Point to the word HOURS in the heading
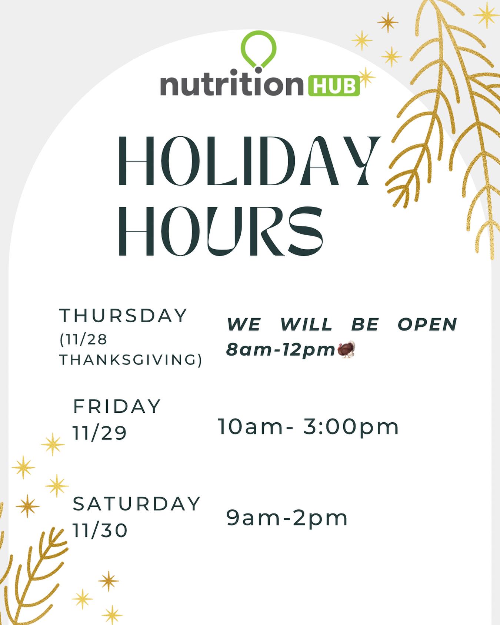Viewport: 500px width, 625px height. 220,231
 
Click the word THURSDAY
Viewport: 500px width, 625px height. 123,316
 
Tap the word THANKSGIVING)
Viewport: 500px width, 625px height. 131,360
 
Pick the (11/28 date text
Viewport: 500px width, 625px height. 83,339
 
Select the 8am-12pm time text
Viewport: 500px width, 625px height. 281,349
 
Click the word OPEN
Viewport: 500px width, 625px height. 427,325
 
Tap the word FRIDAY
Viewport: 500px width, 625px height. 117,406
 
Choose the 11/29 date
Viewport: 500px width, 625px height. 100,432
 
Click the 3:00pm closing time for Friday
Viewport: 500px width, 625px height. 351,427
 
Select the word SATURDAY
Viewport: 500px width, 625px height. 137,504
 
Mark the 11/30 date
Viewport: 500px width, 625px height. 100,530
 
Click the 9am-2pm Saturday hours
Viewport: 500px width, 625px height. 287,519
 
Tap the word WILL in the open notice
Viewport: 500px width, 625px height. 306,325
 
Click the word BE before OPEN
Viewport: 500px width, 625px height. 365,325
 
